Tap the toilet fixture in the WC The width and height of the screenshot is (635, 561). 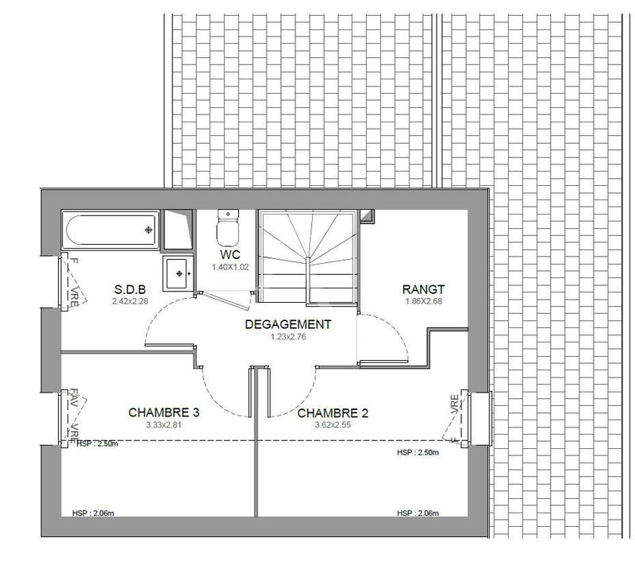pyautogui.click(x=228, y=227)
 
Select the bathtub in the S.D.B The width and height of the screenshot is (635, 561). pyautogui.click(x=110, y=230)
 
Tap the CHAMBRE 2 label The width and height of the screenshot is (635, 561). pyautogui.click(x=333, y=413)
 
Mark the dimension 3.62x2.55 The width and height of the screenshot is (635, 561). pyautogui.click(x=333, y=425)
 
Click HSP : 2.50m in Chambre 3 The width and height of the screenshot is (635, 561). pyautogui.click(x=97, y=444)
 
